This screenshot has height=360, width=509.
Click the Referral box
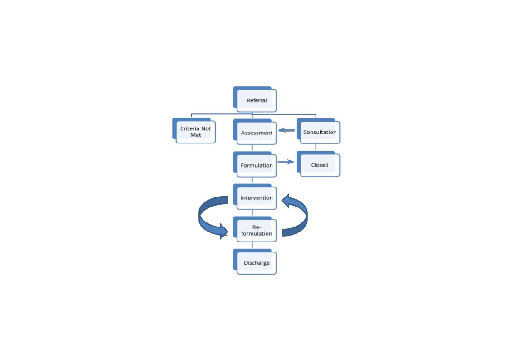pyautogui.click(x=255, y=99)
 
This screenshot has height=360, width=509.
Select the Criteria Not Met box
pyautogui.click(x=194, y=130)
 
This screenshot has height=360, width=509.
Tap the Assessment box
pyautogui.click(x=255, y=132)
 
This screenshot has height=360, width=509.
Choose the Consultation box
pyautogui.click(x=318, y=131)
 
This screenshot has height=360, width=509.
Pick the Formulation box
pyautogui.click(x=255, y=164)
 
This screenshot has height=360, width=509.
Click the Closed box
pyautogui.click(x=318, y=164)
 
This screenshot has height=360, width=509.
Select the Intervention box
pyautogui.click(x=255, y=197)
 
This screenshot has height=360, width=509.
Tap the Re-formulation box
pyautogui.click(x=255, y=229)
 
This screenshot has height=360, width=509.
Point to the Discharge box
pyautogui.click(x=255, y=261)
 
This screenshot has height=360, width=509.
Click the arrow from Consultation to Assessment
pyautogui.click(x=287, y=130)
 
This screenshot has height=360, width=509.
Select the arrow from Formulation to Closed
pyautogui.click(x=286, y=162)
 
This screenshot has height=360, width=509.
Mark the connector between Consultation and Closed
pyautogui.click(x=316, y=148)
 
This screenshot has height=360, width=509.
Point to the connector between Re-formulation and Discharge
pyautogui.click(x=252, y=246)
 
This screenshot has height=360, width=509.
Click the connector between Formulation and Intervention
pyautogui.click(x=252, y=181)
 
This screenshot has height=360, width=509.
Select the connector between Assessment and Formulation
pyautogui.click(x=252, y=148)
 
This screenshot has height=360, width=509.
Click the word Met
pyautogui.click(x=196, y=135)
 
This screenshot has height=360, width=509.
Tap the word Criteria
pyautogui.click(x=189, y=128)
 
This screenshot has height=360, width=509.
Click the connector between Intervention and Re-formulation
pyautogui.click(x=252, y=213)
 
